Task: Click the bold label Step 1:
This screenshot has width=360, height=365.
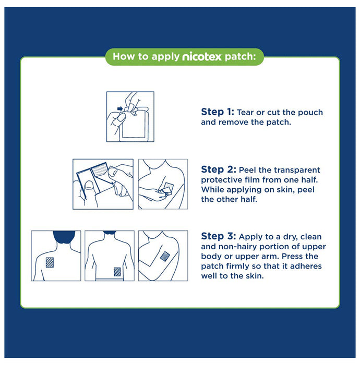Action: click(218, 112)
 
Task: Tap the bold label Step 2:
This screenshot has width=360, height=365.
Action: click(218, 170)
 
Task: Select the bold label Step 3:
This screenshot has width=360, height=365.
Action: click(218, 238)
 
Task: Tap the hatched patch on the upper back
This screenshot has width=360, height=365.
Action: click(51, 262)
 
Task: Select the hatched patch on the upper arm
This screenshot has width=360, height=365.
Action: click(164, 256)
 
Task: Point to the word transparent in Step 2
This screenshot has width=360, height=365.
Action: click(295, 171)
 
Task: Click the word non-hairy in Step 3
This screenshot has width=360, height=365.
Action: click(248, 247)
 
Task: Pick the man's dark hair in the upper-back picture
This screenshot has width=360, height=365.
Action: click(55, 238)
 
